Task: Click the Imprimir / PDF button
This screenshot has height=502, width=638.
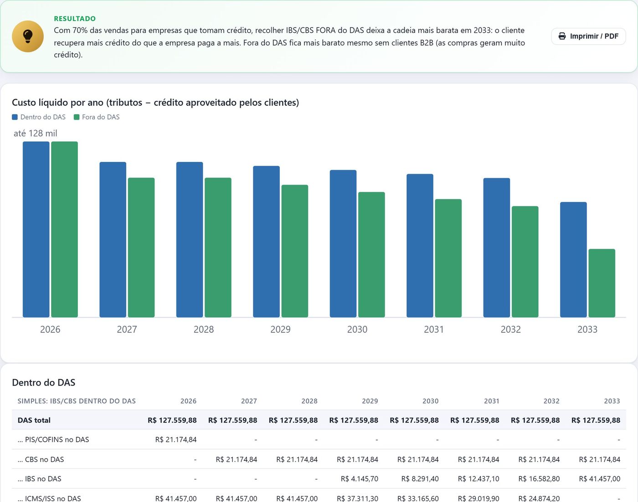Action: coord(588,36)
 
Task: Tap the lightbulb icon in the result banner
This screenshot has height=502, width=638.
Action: coord(28,36)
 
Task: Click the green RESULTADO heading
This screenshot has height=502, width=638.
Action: coord(75,19)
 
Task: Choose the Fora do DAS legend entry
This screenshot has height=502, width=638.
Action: coord(97,117)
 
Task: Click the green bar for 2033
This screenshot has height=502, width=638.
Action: coord(602,283)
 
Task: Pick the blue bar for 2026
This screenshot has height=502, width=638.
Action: coord(36,229)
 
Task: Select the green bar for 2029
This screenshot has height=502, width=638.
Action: coord(295,251)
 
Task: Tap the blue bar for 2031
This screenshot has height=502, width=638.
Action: coord(420,246)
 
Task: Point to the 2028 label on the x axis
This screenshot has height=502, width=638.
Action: coord(204,329)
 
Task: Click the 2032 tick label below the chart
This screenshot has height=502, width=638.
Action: coord(510,329)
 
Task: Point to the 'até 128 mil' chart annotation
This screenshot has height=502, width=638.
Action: coord(35,133)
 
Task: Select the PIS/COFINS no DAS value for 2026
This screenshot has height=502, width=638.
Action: coord(176,439)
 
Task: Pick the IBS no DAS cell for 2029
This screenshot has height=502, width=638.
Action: coord(360,479)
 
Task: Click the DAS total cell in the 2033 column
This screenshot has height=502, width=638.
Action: coord(596,420)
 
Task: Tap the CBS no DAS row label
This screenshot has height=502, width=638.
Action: coord(41,459)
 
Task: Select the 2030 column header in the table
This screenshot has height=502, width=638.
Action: coord(431,401)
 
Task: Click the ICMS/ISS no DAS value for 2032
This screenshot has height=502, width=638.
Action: coord(539,498)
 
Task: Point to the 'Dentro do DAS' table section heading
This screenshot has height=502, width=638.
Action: coord(43,382)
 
